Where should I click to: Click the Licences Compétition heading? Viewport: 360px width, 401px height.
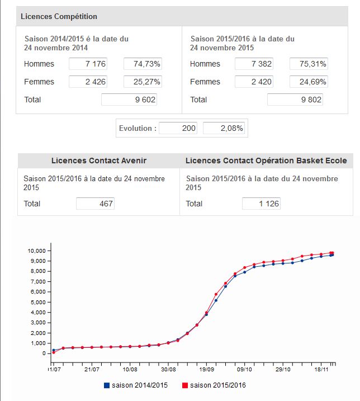coord(59,16)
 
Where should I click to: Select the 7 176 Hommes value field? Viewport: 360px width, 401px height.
coord(88,64)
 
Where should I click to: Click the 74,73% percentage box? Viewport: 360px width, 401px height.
coord(143,64)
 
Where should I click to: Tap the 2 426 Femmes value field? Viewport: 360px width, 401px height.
coord(88,82)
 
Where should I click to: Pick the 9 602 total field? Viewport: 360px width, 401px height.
coord(129,100)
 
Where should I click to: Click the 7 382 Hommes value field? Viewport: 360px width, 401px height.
coord(254,64)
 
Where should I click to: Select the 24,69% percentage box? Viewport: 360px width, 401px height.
coord(309,82)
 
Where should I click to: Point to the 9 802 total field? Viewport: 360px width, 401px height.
coord(295,100)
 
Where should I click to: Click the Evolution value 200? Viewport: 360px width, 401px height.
coord(178,128)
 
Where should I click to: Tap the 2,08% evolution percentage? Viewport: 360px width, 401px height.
coord(224,128)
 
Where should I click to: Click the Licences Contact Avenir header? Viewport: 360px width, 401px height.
coord(99,161)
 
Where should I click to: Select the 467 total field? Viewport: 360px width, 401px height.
coord(95,204)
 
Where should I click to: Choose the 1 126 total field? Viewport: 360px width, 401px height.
coord(261,204)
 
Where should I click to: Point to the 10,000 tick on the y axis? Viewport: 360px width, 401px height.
coord(37,251)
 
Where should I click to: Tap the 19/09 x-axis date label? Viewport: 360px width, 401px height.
coord(207,369)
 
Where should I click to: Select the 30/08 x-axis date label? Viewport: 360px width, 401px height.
coord(168,369)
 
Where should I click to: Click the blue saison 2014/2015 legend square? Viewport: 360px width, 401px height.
coord(107,385)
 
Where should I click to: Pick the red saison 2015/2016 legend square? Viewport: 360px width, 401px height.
coord(185,385)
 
